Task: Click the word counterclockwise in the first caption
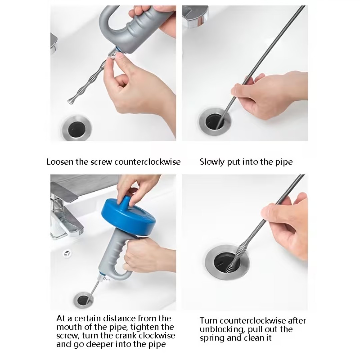(x=147, y=162)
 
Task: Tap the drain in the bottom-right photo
(x=227, y=262)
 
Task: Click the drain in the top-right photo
(x=215, y=122)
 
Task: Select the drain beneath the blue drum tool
(x=83, y=300)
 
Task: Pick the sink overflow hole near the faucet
(x=67, y=253)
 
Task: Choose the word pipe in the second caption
(x=284, y=162)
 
